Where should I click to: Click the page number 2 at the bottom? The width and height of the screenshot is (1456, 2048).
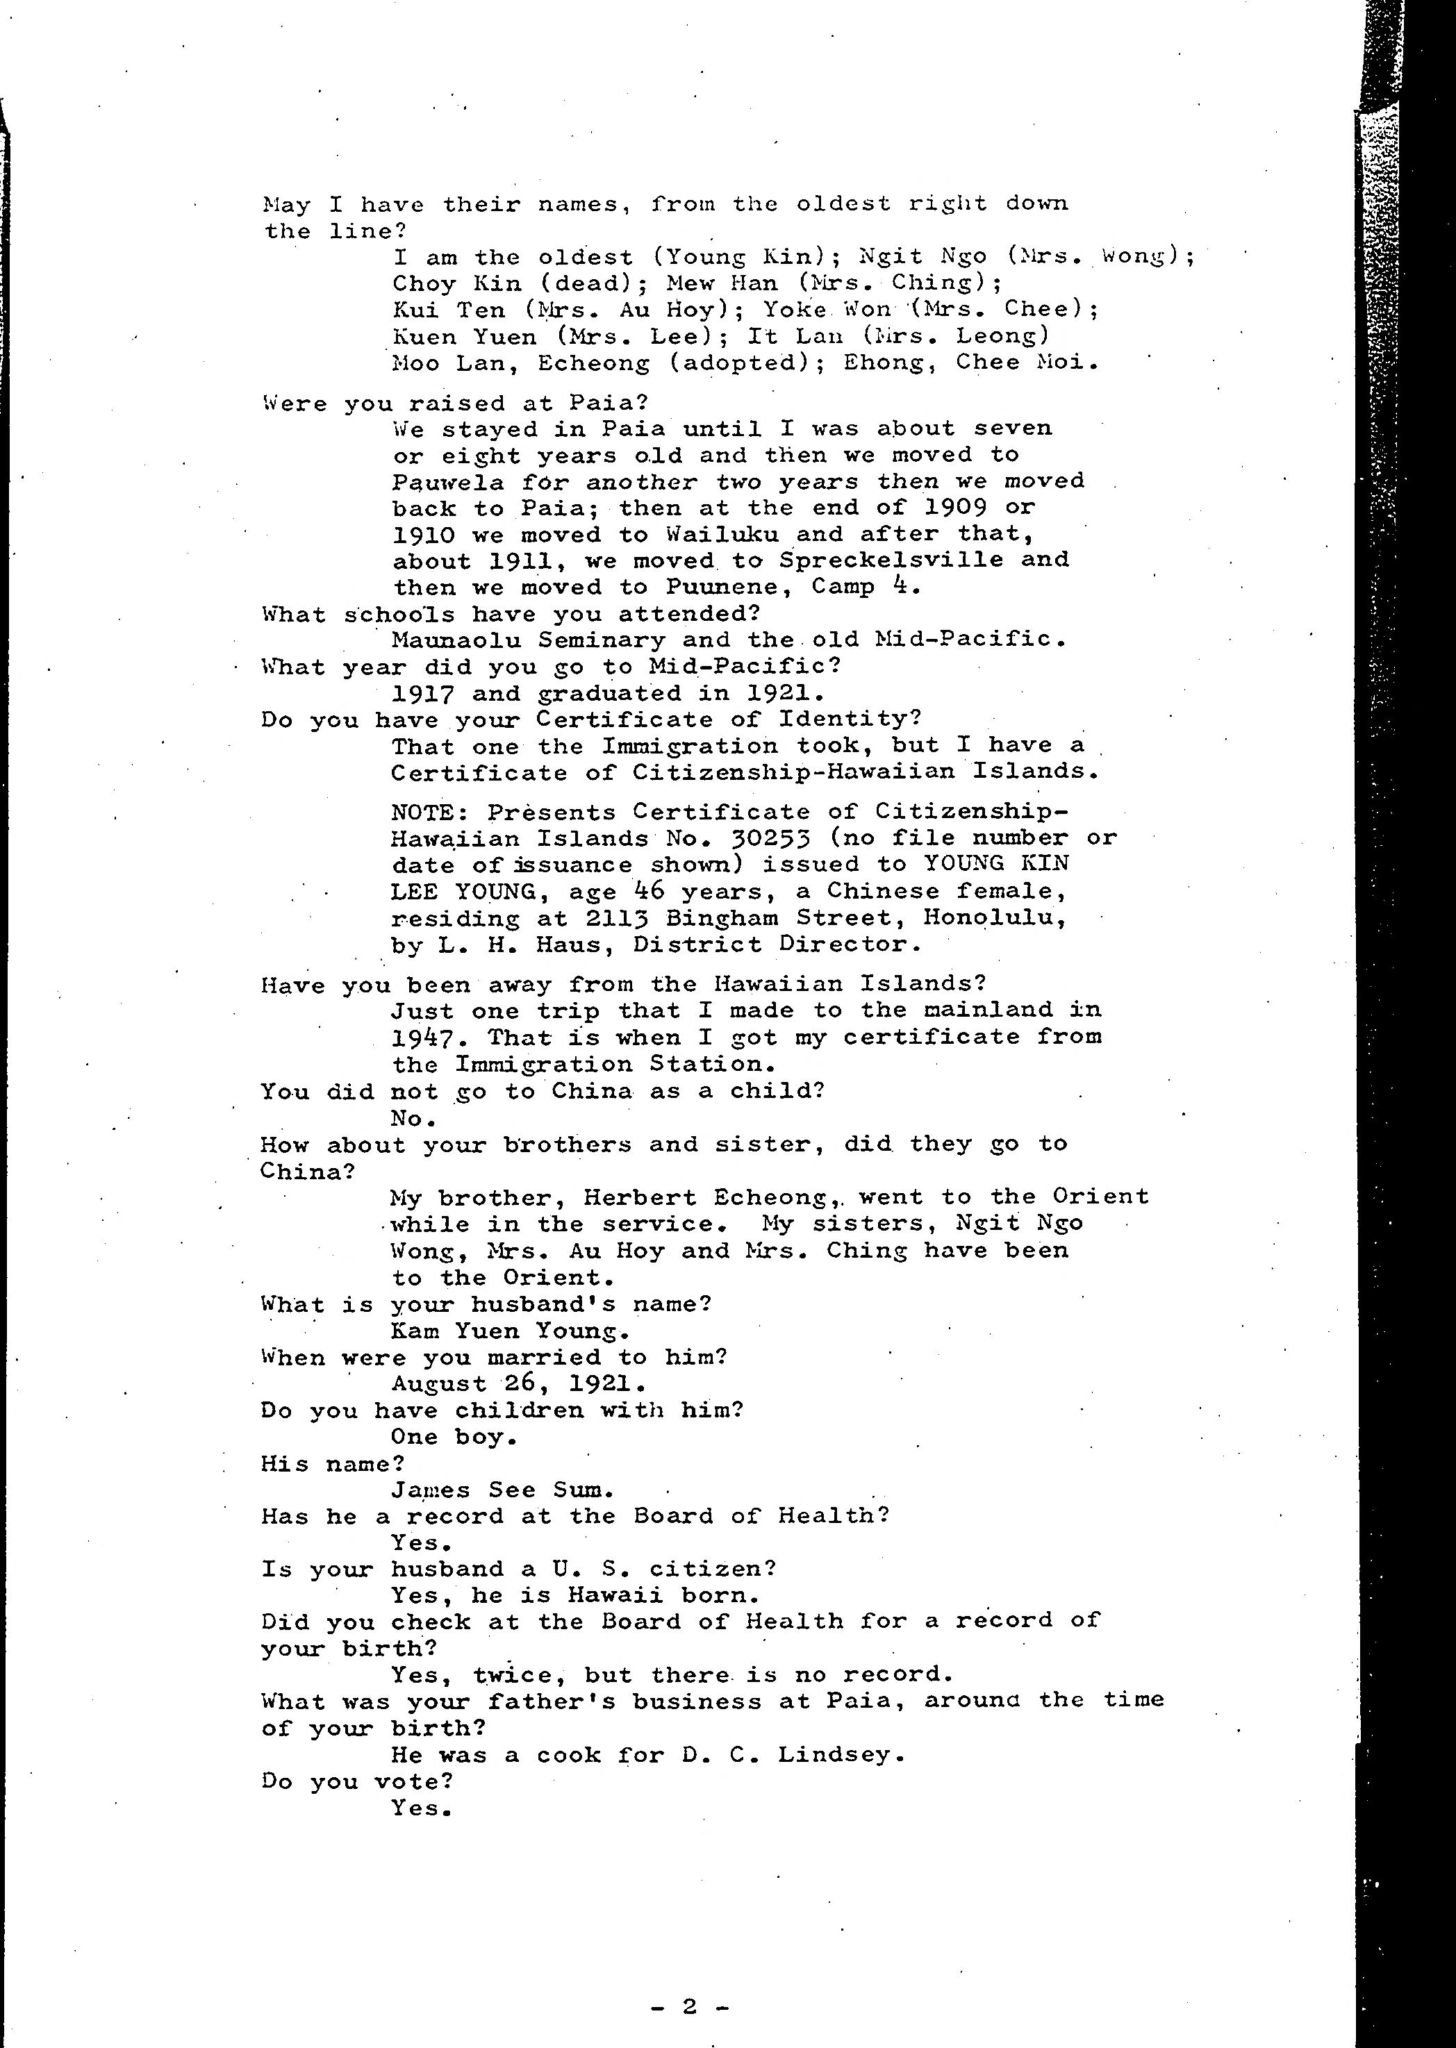click(688, 2007)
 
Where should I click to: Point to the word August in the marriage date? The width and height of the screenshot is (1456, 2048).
click(438, 1384)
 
